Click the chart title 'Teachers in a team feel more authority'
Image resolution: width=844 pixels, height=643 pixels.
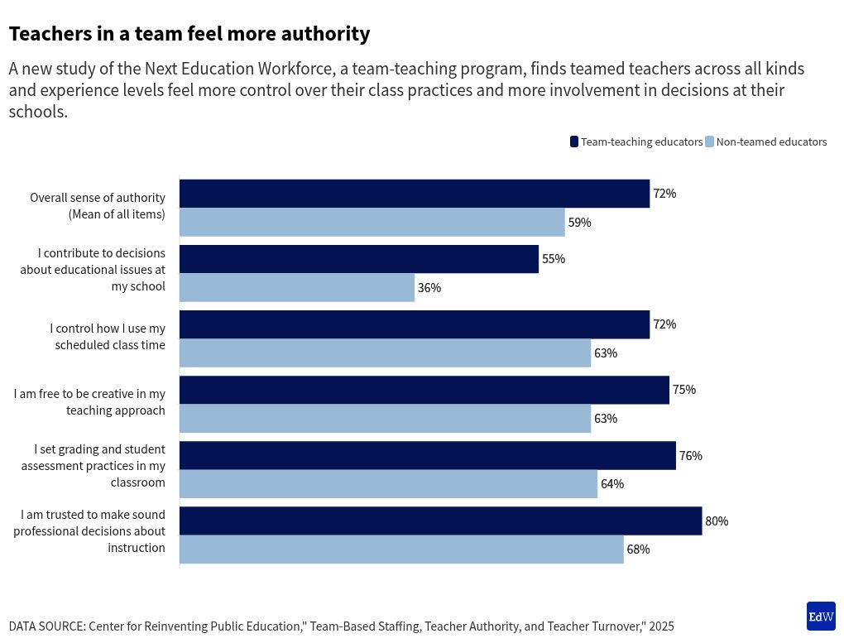tap(189, 34)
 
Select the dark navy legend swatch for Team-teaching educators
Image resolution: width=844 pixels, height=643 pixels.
tap(574, 142)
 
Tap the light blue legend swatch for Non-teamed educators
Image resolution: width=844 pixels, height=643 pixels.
tap(709, 142)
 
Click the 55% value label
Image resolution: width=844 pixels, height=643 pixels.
tap(554, 259)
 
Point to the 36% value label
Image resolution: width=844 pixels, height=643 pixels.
tap(429, 288)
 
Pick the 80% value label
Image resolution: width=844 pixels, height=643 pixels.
tap(717, 521)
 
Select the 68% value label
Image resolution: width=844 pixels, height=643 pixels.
tap(638, 549)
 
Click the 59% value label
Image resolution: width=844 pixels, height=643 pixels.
tap(579, 223)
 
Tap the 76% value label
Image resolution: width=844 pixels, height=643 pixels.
tap(690, 456)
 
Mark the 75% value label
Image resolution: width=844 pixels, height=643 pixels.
tap(684, 390)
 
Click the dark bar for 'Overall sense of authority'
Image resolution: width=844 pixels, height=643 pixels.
tap(414, 194)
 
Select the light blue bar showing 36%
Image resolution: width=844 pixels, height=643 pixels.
tap(296, 288)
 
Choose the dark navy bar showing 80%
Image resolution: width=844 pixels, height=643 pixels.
tap(440, 521)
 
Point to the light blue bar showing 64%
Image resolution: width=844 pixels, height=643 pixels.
tap(388, 484)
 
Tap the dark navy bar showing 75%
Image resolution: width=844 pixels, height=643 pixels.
tap(424, 390)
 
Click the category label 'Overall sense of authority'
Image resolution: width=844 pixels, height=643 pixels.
tap(98, 206)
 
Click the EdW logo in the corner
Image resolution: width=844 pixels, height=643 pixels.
tap(820, 617)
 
